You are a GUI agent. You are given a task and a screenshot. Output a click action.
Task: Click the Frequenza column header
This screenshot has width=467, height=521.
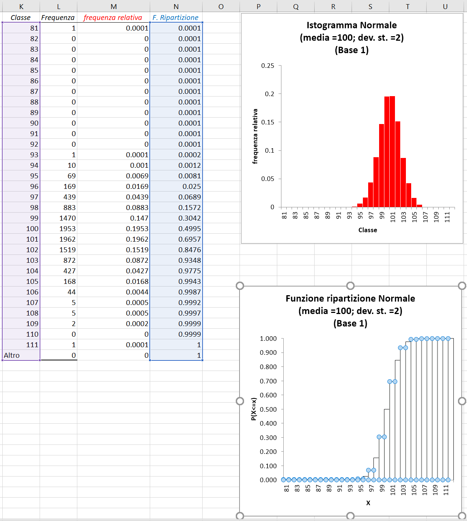(x=58, y=18)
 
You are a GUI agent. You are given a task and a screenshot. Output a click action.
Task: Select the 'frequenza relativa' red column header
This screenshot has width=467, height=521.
(x=113, y=18)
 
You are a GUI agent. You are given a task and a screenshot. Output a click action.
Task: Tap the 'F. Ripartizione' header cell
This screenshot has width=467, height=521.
(x=175, y=18)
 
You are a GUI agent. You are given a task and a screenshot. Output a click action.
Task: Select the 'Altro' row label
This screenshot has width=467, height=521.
(x=12, y=356)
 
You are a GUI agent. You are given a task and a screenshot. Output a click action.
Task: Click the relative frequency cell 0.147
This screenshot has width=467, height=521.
(x=139, y=218)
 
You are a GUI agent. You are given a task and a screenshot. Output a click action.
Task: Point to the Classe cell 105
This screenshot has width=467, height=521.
(x=32, y=282)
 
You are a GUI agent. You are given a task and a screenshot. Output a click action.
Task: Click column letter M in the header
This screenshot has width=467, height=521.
(x=114, y=6)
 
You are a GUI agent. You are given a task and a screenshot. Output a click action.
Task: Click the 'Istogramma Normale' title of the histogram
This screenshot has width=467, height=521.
(x=352, y=25)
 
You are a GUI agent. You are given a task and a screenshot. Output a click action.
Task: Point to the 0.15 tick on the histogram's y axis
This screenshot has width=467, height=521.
(x=268, y=122)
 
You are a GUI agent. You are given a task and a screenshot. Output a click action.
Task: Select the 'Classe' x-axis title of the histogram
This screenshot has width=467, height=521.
(x=367, y=230)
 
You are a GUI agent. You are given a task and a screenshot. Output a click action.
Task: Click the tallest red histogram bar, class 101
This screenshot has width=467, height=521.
(x=392, y=151)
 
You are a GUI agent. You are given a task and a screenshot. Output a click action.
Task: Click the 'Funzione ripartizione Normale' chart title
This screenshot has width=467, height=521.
(x=350, y=299)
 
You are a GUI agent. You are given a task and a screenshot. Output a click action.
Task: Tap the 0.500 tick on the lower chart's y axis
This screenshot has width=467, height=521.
(x=268, y=409)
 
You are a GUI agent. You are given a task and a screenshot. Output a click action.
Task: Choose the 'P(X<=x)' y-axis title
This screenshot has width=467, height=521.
(x=253, y=409)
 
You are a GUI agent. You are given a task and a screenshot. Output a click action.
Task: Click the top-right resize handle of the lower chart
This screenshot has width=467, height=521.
(x=462, y=286)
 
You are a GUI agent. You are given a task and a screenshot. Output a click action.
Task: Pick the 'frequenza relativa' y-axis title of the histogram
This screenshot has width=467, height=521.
(x=255, y=136)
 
